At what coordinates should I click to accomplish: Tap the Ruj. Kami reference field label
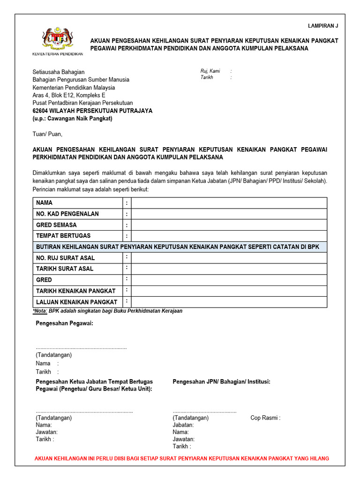[210, 71]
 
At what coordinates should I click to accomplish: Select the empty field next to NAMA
[229, 203]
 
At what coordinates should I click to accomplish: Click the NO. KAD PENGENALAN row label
[67, 214]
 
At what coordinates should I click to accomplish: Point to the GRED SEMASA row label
[56, 225]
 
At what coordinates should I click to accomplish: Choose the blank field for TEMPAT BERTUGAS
[229, 236]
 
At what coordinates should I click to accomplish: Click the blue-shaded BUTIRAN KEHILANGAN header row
[180, 247]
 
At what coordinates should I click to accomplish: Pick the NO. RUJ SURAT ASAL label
[65, 258]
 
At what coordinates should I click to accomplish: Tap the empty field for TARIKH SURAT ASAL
[229, 269]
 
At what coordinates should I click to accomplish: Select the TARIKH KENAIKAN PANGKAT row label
[75, 291]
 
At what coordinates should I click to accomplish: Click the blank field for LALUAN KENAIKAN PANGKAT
[229, 301]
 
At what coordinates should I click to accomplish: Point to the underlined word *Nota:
[40, 311]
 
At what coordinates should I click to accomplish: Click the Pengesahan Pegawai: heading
[64, 323]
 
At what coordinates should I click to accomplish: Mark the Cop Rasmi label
[265, 418]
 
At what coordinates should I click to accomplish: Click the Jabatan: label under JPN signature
[183, 425]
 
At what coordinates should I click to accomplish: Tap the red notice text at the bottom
[182, 458]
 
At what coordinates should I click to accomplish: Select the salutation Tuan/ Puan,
[47, 135]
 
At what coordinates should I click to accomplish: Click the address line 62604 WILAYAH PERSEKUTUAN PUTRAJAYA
[92, 111]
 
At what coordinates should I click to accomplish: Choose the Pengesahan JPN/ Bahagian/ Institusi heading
[221, 382]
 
